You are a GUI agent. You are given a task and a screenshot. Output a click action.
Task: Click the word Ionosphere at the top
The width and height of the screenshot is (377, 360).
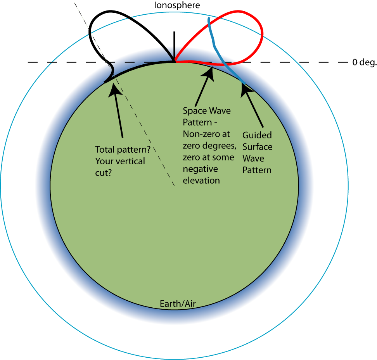tap(176, 5)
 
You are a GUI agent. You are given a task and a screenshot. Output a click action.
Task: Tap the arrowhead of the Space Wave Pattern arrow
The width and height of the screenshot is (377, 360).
tap(210, 72)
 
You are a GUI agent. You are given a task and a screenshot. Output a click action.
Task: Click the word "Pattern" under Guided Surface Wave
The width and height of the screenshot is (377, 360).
tap(256, 170)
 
